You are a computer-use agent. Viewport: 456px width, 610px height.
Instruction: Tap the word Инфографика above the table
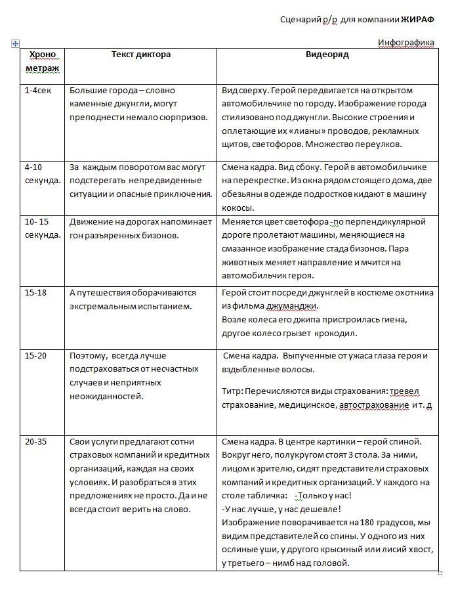tap(406, 43)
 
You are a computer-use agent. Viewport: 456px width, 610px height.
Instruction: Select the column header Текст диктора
tap(141, 54)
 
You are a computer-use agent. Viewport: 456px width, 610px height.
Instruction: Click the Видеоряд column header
tap(327, 54)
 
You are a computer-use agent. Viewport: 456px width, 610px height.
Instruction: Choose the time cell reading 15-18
tap(35, 293)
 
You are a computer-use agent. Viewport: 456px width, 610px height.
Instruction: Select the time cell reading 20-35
tap(35, 442)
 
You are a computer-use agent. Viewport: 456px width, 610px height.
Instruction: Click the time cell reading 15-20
tap(35, 355)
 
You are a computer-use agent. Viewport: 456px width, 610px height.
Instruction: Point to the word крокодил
tap(334, 334)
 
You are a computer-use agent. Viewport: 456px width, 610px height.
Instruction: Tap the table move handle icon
tap(14, 43)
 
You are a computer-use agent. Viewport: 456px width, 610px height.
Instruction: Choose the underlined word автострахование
tap(373, 406)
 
